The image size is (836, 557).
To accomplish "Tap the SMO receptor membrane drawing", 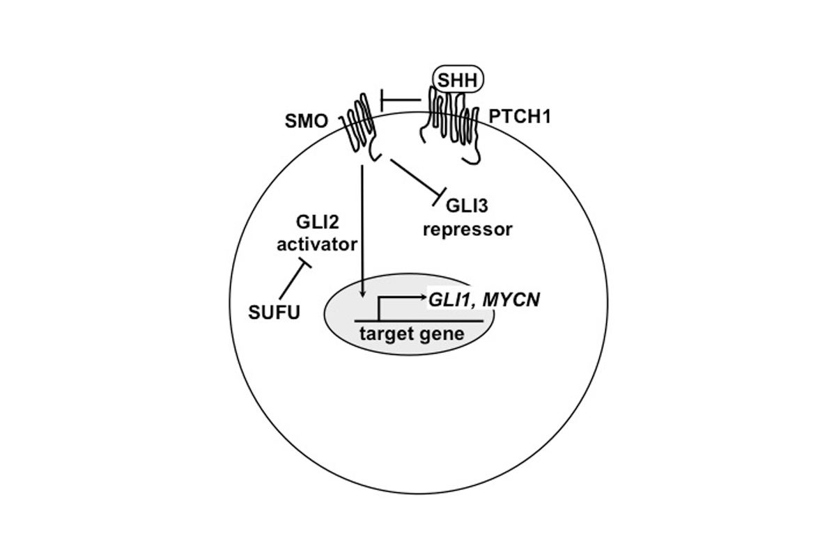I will point(359,125).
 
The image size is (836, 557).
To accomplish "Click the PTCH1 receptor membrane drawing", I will point(454,125).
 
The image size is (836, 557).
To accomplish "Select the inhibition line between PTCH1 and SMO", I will point(401,101).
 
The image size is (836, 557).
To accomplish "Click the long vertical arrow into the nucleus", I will point(362,230).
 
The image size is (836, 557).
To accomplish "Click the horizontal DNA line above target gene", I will point(418,320).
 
